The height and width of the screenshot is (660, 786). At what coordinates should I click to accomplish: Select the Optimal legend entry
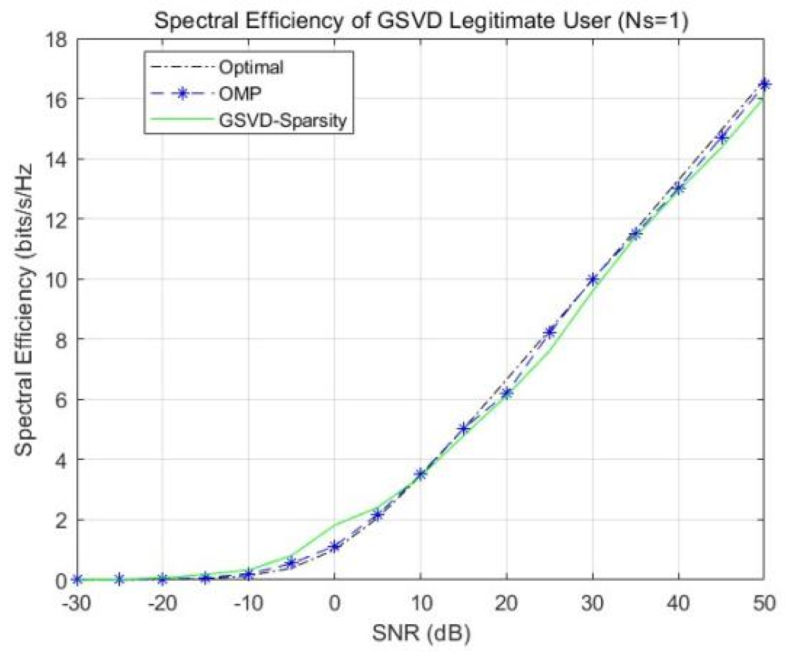tap(251, 67)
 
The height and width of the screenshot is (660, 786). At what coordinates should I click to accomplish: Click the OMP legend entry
tap(240, 94)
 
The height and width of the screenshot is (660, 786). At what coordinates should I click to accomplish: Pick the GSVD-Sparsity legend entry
tap(282, 120)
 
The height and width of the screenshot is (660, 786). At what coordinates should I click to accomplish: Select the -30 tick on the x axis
tap(77, 603)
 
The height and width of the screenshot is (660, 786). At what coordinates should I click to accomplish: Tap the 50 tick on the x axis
tap(763, 603)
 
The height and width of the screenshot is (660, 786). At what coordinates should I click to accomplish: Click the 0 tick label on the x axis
tap(334, 603)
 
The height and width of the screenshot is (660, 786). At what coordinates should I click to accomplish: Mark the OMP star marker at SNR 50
tap(764, 84)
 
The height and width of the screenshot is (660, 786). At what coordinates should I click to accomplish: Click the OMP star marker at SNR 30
tap(593, 280)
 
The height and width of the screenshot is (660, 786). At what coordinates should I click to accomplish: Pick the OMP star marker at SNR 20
tap(506, 393)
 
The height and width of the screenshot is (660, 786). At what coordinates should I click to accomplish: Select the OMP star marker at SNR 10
tap(421, 474)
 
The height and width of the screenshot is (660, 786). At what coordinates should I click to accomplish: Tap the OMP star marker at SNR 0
tap(334, 546)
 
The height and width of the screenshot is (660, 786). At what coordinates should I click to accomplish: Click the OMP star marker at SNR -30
tap(77, 580)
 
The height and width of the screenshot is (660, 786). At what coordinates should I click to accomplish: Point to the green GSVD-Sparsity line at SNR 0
tap(334, 524)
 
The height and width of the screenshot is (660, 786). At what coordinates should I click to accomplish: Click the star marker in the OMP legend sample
tap(182, 94)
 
